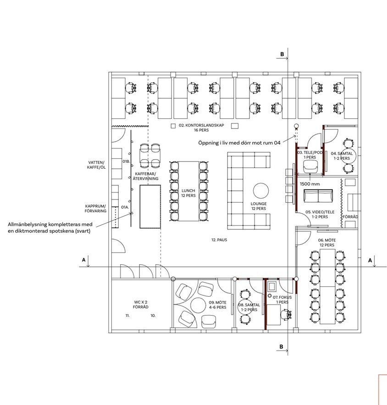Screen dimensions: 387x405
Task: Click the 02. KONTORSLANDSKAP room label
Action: (201, 128)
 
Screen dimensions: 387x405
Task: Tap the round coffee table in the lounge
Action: (261, 191)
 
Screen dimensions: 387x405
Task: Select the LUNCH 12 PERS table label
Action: (188, 193)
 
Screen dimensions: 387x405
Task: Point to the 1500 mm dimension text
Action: (310, 184)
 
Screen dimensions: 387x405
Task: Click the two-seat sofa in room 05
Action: (318, 196)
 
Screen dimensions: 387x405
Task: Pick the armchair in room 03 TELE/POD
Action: (310, 166)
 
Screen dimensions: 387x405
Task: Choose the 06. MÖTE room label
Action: (327, 243)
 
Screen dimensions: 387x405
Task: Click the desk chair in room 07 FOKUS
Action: (286, 315)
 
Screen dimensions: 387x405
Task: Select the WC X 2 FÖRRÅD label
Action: (141, 305)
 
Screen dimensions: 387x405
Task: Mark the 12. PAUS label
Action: (219, 240)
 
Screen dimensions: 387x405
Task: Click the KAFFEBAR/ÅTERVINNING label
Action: (146, 176)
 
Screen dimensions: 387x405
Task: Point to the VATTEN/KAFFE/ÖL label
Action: (96, 165)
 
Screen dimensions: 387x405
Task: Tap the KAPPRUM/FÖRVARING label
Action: (95, 208)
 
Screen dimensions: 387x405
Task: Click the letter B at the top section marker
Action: (282, 54)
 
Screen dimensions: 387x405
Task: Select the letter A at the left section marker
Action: (83, 260)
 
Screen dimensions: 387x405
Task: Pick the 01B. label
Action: (126, 161)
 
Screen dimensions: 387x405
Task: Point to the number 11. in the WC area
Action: (127, 316)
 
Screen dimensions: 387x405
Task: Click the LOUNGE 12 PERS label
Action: (259, 206)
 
